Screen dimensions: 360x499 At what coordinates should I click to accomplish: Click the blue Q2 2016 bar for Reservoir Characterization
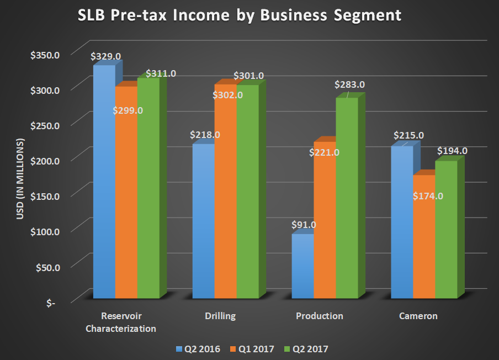[104, 182]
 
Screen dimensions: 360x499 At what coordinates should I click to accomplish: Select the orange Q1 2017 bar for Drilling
[225, 193]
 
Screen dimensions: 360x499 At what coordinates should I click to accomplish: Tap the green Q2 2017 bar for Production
[347, 199]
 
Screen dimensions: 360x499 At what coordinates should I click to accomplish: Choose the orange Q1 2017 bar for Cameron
[424, 237]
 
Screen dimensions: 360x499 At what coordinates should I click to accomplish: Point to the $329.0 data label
[105, 56]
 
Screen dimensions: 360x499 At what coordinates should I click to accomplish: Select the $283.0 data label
[349, 85]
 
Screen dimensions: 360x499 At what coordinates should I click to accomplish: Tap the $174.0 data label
[428, 195]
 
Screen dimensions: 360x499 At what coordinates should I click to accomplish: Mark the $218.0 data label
[205, 134]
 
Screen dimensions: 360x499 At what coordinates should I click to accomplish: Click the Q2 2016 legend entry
[197, 348]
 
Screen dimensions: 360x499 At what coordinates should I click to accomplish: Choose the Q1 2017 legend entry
[252, 348]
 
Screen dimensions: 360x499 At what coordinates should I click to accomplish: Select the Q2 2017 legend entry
[308, 348]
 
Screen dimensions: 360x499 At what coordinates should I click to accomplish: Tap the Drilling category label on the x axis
[220, 316]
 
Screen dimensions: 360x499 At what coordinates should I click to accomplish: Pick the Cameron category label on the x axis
[418, 316]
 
